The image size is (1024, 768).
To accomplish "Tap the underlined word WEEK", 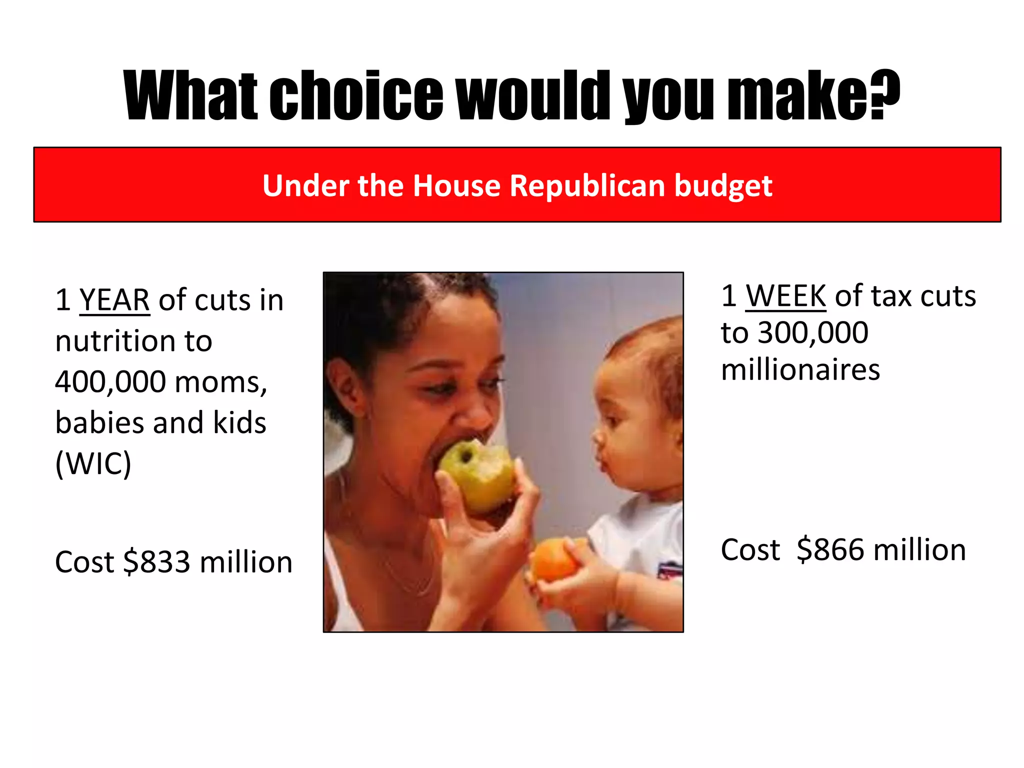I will (785, 296).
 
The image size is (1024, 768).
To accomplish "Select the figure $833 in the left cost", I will (156, 562).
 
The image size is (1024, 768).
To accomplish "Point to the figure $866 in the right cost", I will (830, 550).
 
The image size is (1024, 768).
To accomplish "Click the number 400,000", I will (110, 382).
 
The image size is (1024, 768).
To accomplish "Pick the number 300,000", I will (813, 333).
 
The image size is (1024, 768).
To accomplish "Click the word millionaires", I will (800, 370).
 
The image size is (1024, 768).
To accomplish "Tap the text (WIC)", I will (93, 464).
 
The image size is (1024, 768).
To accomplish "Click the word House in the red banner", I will (456, 186).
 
